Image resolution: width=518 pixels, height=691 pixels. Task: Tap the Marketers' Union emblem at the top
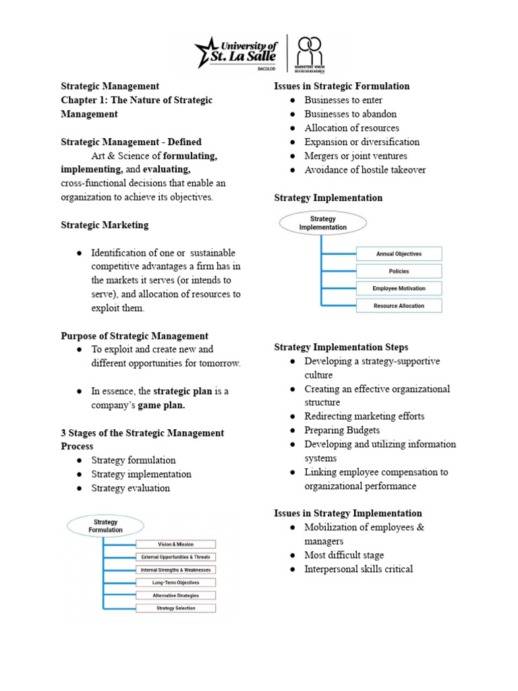click(x=311, y=53)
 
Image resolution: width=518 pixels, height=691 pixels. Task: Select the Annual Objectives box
click(x=398, y=254)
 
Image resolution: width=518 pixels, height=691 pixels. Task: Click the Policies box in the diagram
click(x=398, y=271)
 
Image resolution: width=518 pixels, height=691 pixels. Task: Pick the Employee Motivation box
click(x=398, y=288)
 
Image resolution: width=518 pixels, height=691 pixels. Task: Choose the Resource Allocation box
click(x=398, y=306)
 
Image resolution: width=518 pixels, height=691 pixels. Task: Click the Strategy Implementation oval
click(x=323, y=223)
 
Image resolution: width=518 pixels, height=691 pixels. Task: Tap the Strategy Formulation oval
click(x=106, y=526)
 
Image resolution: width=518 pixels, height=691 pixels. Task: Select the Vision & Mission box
click(x=175, y=544)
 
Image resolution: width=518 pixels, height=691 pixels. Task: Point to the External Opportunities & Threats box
click(x=175, y=557)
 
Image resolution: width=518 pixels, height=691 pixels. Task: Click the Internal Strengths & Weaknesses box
click(x=175, y=570)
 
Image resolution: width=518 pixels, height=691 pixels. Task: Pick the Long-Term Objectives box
click(x=175, y=582)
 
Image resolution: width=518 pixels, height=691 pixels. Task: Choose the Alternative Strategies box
click(x=175, y=595)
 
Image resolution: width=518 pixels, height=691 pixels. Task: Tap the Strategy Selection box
click(x=175, y=608)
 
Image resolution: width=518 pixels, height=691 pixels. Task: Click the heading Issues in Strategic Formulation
click(x=341, y=86)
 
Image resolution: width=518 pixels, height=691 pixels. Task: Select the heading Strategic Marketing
click(x=105, y=225)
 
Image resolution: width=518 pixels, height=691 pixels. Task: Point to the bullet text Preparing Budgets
click(x=341, y=430)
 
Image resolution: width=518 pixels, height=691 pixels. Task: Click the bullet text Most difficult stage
click(x=344, y=555)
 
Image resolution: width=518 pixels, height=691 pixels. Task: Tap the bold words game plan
click(x=161, y=406)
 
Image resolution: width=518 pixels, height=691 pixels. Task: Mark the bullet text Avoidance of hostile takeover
click(x=365, y=170)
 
